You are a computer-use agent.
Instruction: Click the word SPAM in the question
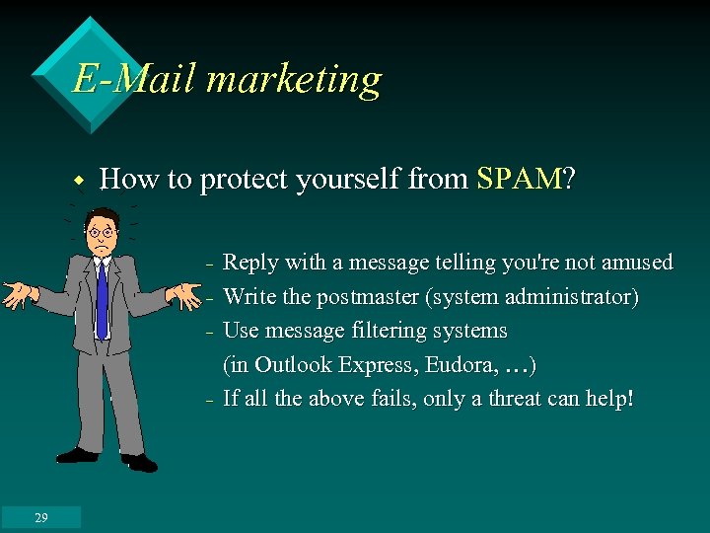click(x=519, y=180)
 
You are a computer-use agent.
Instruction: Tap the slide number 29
click(x=40, y=517)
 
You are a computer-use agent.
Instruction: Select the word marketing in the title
click(x=293, y=80)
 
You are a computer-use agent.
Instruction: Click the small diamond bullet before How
click(x=77, y=181)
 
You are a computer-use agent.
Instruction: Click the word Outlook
click(x=290, y=365)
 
